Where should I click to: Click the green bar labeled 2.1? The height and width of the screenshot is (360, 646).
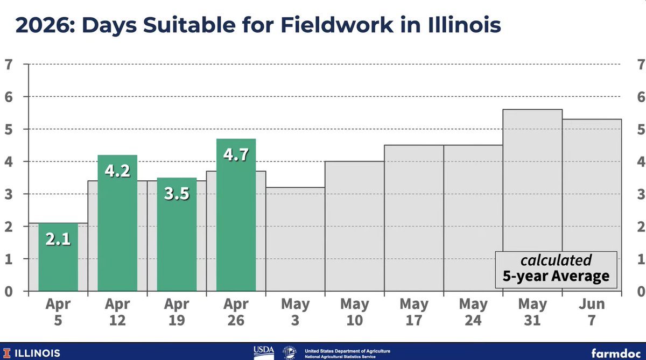tap(58, 264)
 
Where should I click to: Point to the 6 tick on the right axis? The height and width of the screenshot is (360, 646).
tap(641, 97)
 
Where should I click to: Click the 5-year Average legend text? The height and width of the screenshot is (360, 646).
tap(556, 277)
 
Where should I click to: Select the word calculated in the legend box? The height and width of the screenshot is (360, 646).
tap(556, 260)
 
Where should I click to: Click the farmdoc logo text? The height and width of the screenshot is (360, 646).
tap(614, 353)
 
